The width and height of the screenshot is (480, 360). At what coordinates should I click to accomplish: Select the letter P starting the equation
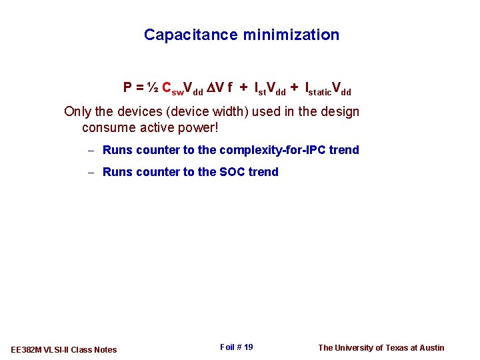coord(127,87)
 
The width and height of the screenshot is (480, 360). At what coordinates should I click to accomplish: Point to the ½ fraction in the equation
coord(153,87)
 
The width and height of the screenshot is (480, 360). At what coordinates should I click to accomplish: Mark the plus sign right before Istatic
coord(294,87)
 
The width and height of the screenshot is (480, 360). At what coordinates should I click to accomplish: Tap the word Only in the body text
coord(77,111)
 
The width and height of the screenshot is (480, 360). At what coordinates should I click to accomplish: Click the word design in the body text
coord(339,111)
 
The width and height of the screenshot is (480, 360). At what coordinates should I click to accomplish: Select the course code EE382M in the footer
coord(27,349)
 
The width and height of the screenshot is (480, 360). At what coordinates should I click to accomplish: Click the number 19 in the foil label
coord(247,347)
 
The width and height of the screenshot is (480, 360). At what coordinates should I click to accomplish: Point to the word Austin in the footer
coord(431,347)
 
